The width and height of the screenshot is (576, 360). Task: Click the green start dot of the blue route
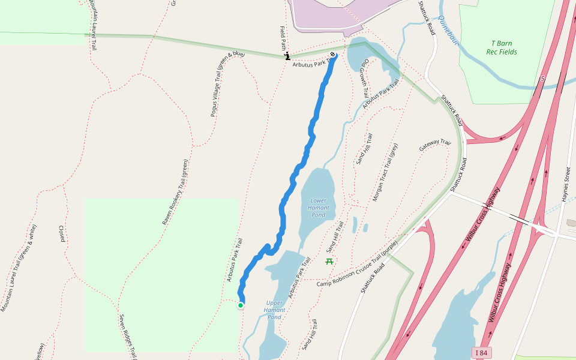(x=241, y=305)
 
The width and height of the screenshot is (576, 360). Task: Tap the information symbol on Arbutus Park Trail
(x=287, y=56)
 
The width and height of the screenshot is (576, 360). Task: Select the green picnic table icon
(x=329, y=261)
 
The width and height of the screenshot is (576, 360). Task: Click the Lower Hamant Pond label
(x=319, y=208)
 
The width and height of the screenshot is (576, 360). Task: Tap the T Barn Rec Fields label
(x=502, y=47)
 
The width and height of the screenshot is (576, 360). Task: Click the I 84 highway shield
(x=481, y=352)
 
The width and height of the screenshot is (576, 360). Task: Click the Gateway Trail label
(x=434, y=145)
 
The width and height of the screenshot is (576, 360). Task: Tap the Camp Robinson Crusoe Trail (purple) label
(x=357, y=263)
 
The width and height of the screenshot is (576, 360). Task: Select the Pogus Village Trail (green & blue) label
(x=227, y=84)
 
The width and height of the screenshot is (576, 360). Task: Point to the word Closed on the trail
(x=61, y=234)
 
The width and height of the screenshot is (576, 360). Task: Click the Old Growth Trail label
(x=364, y=79)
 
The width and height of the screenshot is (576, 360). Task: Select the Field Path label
(x=283, y=37)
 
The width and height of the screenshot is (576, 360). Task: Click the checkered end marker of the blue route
(x=333, y=55)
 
